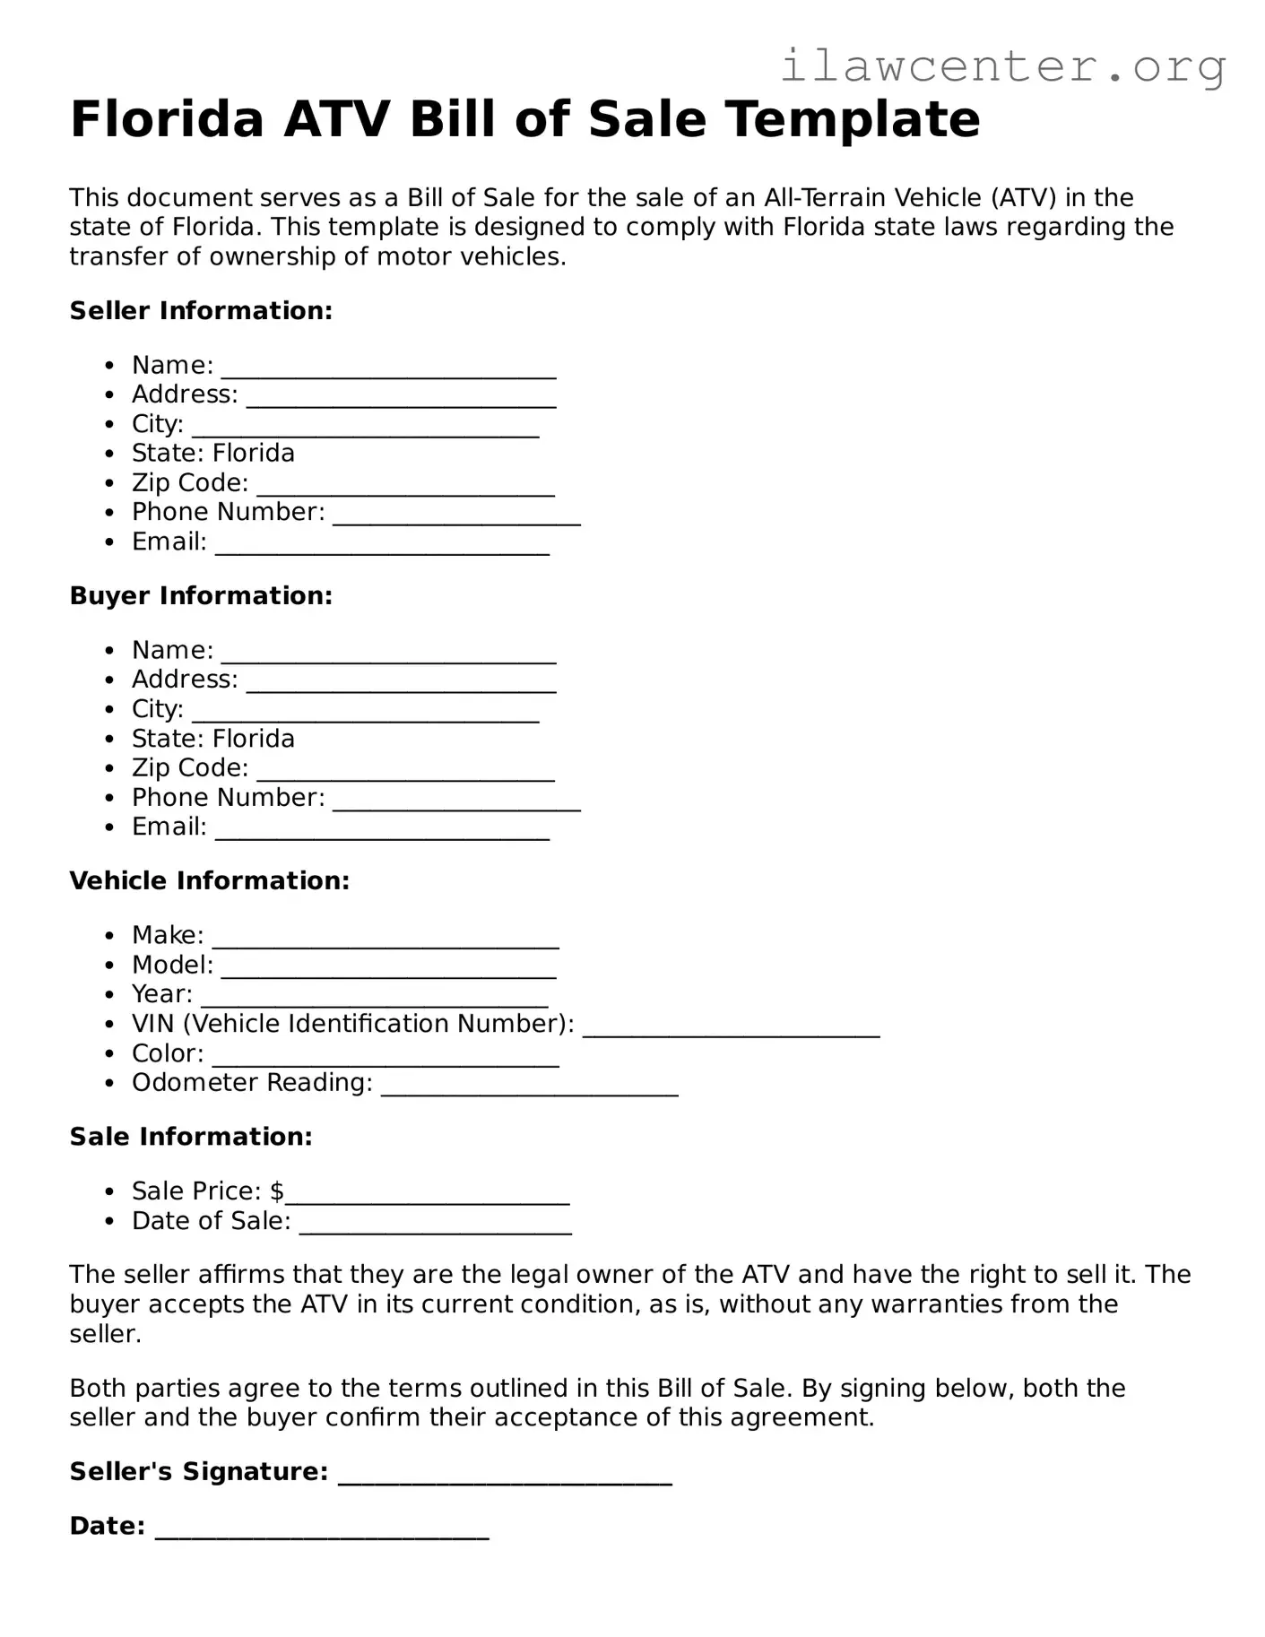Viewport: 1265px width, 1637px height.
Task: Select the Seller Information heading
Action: click(201, 311)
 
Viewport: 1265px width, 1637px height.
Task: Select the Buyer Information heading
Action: click(201, 596)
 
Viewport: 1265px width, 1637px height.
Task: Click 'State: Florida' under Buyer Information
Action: click(212, 739)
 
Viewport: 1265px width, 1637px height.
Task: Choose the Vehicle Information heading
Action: click(209, 881)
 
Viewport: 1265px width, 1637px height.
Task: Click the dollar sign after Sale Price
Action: click(277, 1191)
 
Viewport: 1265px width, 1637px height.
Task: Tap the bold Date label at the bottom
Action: click(107, 1526)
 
